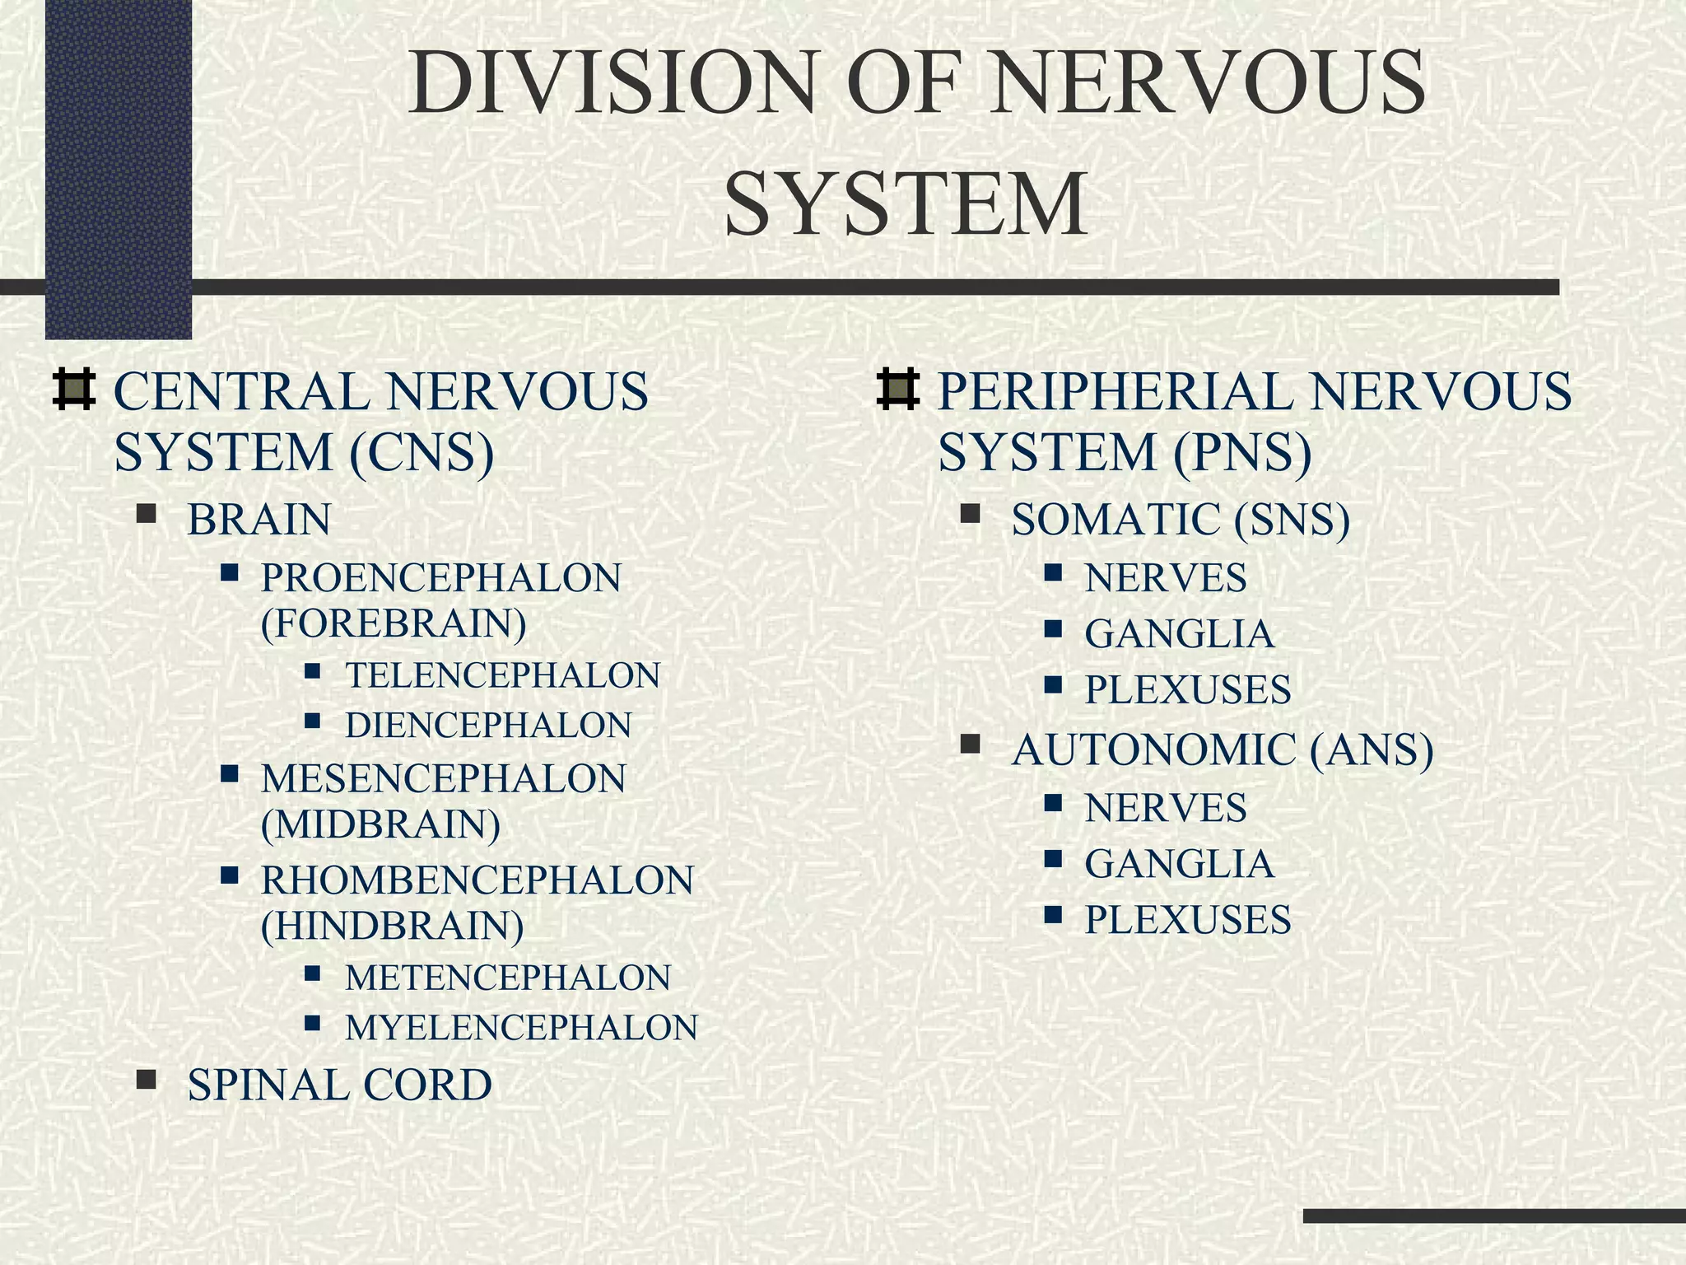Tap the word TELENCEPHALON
coord(502,675)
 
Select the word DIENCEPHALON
coord(488,726)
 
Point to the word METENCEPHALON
coord(508,978)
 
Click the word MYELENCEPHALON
coord(521,1028)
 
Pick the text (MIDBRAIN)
coord(380,824)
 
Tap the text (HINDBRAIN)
coord(393,926)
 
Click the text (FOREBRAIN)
coord(394,623)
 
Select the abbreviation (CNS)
coord(421,453)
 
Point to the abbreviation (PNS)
coord(1241,453)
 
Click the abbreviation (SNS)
coord(1292,520)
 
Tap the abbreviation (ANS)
coord(1372,750)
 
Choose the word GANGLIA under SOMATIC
coord(1179,634)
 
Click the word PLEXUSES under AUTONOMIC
coord(1188,920)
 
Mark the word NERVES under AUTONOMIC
coord(1166,808)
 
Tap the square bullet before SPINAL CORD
coord(147,1080)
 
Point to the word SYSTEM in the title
coord(906,203)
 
